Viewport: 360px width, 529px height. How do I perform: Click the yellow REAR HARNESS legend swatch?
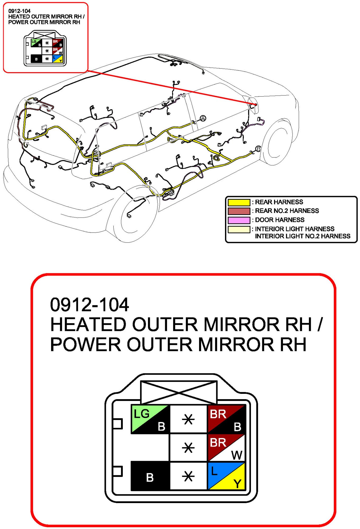239,202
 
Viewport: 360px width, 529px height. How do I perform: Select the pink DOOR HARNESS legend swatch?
239,220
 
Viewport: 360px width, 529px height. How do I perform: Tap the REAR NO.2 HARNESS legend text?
287,211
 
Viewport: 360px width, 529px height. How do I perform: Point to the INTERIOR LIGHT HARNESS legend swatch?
239,229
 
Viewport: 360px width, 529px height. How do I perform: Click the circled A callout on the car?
203,118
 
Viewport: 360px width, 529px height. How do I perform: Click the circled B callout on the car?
258,149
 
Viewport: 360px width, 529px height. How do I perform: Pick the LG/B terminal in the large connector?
150,419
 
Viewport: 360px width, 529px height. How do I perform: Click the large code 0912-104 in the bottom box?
89,305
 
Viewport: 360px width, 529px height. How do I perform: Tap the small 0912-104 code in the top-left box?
19,11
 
